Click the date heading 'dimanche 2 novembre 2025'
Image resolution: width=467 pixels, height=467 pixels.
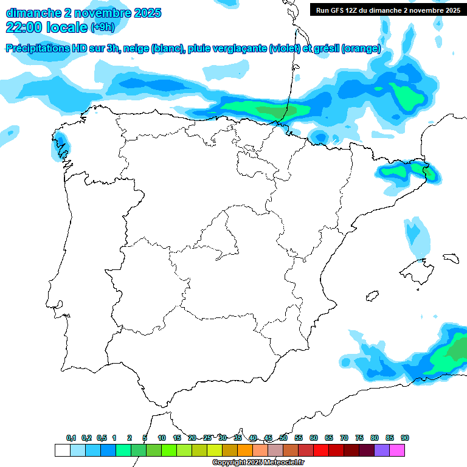point(83,13)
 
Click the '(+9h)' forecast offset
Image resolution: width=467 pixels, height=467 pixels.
point(102,27)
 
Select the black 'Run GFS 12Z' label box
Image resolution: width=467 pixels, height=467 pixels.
point(387,10)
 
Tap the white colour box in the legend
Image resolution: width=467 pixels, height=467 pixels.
point(62,451)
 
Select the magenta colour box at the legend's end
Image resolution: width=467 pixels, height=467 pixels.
point(397,451)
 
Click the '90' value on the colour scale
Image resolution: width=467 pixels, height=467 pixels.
point(405,438)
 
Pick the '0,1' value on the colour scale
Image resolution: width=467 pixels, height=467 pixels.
point(71,438)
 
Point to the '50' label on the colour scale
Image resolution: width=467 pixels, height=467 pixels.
point(283,438)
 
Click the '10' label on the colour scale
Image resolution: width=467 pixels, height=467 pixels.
point(162,438)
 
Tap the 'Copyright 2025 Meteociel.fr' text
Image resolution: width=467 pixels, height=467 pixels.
point(258,463)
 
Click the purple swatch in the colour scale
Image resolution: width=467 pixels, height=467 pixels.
point(382,451)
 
